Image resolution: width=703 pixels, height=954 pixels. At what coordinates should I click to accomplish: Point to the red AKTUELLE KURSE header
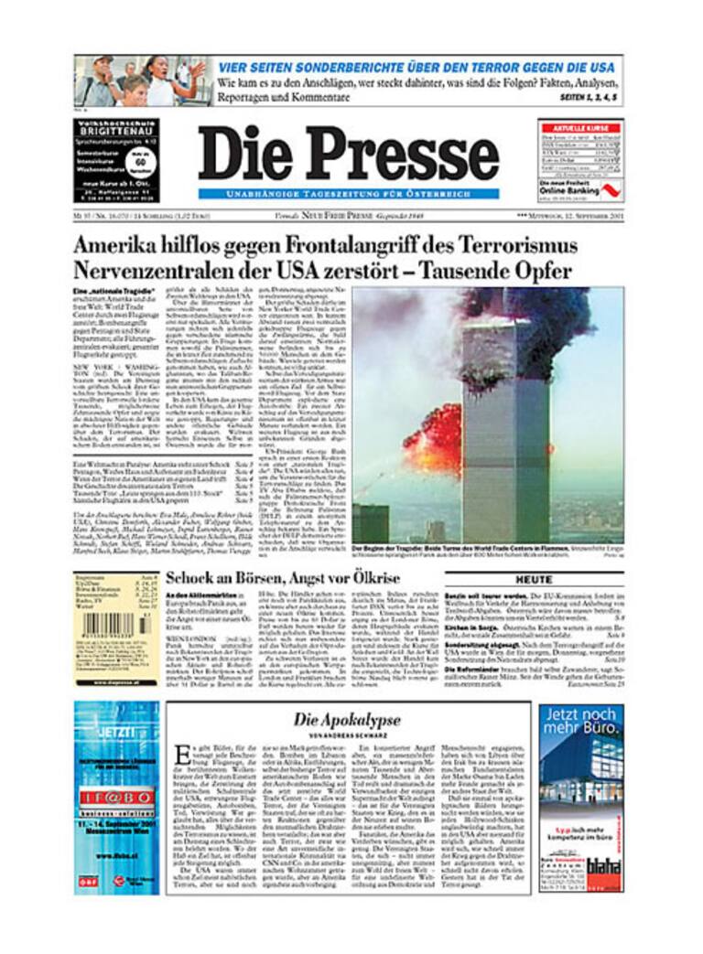coord(580,129)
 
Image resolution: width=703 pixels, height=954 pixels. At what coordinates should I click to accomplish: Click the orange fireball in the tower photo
coord(435,439)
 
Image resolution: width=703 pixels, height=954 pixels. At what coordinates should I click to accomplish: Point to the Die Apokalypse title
coord(347,720)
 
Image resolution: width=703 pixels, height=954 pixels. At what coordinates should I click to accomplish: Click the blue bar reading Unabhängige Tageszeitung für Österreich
coord(348,194)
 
